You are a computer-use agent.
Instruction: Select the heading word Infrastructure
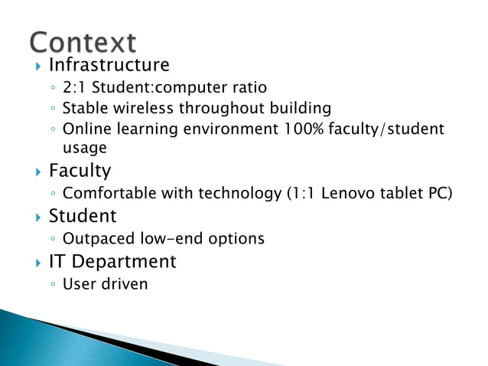tap(109, 64)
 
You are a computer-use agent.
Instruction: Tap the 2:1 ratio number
tap(75, 88)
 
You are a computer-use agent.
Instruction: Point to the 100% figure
tap(294, 129)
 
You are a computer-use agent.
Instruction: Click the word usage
tap(84, 148)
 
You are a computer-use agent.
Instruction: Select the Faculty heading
tap(80, 170)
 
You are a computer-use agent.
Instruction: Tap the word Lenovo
tap(349, 194)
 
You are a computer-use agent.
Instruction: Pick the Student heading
tap(83, 216)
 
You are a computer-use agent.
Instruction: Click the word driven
tap(125, 285)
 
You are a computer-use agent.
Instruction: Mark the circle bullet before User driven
tap(53, 286)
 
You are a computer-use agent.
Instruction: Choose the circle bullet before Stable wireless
tap(53, 109)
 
